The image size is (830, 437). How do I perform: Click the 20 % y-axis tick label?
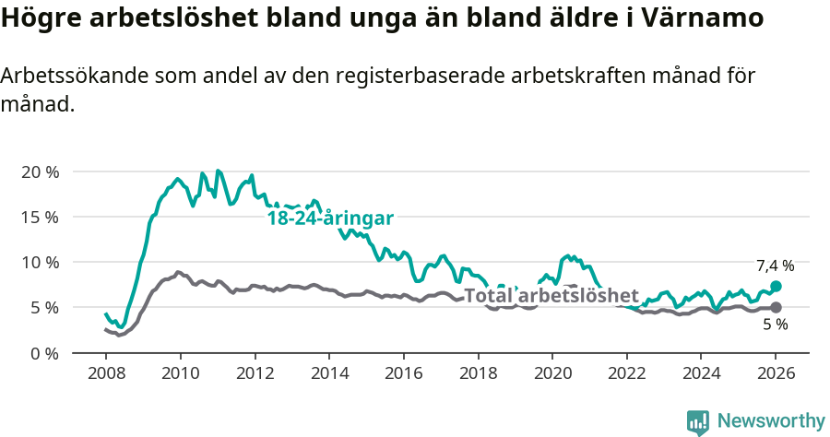pyautogui.click(x=40, y=172)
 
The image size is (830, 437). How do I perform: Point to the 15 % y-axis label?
pyautogui.click(x=40, y=218)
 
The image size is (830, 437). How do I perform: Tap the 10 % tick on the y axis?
pyautogui.click(x=40, y=263)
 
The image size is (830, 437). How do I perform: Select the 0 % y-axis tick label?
pyautogui.click(x=43, y=353)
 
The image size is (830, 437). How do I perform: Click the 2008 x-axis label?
pyautogui.click(x=106, y=373)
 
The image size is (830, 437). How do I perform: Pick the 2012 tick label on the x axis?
pyautogui.click(x=255, y=373)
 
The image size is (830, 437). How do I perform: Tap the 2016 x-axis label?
pyautogui.click(x=403, y=373)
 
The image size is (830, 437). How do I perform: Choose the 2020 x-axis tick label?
pyautogui.click(x=551, y=373)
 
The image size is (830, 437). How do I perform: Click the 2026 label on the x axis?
pyautogui.click(x=775, y=373)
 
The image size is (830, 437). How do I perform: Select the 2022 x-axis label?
pyautogui.click(x=626, y=373)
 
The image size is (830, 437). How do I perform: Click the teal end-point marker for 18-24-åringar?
pyautogui.click(x=776, y=287)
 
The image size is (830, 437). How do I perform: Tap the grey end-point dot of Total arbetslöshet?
pyautogui.click(x=776, y=307)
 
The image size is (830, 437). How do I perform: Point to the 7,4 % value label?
pyautogui.click(x=775, y=266)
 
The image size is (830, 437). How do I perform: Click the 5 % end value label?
pyautogui.click(x=775, y=325)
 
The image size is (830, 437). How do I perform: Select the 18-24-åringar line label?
pyautogui.click(x=330, y=218)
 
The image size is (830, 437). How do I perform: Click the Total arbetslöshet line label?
pyautogui.click(x=551, y=296)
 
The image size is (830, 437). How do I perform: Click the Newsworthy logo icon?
pyautogui.click(x=698, y=421)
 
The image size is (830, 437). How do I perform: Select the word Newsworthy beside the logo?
pyautogui.click(x=770, y=421)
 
